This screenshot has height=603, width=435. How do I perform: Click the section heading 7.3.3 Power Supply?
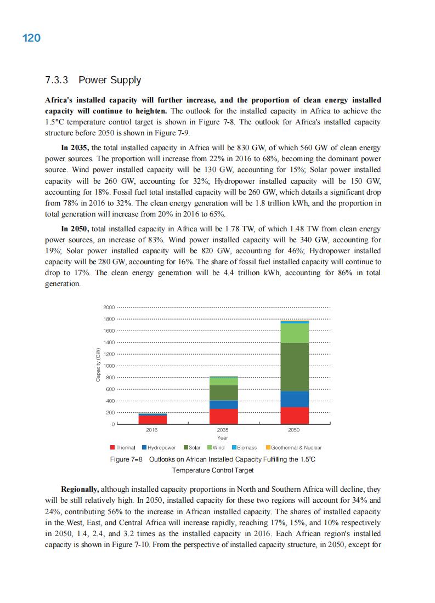coord(93,80)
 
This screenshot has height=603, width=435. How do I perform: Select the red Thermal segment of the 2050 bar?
coord(295,416)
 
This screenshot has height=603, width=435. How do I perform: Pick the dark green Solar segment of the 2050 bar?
coord(295,367)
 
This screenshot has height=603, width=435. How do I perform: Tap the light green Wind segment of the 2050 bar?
coord(295,333)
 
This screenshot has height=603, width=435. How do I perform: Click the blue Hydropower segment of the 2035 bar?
coord(224,405)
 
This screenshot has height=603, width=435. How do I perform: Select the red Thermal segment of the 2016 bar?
coord(152,419)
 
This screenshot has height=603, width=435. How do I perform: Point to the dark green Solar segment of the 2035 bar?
coord(224,392)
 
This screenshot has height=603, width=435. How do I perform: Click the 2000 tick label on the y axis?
coord(109,307)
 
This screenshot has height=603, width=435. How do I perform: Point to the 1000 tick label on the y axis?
coord(109,366)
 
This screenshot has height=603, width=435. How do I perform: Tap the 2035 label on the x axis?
coord(223,431)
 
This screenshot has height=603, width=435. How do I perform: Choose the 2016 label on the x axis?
coord(152,431)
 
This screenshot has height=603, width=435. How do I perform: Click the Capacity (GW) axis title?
coord(98,365)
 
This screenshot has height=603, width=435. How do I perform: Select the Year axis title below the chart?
coord(223,437)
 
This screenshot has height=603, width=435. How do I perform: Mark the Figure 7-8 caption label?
coord(126,459)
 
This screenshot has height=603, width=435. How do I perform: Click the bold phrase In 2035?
coord(76,147)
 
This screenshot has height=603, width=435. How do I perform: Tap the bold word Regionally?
coord(80,488)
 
